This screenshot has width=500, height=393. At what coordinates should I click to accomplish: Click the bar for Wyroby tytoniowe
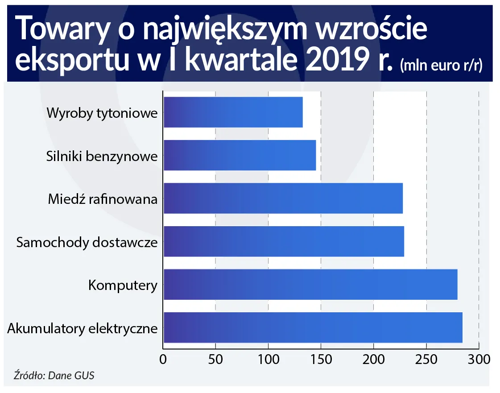(233, 112)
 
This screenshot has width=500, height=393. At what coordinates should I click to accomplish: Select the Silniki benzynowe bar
(240, 155)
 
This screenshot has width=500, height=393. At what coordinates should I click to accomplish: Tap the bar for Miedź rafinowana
(283, 198)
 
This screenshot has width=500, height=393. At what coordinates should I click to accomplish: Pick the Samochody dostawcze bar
(284, 241)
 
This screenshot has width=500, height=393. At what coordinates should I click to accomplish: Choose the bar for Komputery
(310, 284)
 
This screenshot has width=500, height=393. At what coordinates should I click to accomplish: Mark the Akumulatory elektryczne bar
(313, 327)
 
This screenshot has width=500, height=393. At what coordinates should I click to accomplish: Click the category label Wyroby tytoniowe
(102, 113)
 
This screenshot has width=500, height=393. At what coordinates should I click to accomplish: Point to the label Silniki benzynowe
(102, 156)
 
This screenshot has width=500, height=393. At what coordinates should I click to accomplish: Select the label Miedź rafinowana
(103, 199)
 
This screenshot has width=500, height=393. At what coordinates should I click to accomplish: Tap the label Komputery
(123, 285)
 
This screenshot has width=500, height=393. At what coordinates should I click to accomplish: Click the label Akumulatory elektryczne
(83, 329)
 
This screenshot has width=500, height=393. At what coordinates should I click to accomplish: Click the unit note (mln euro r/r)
(441, 66)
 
